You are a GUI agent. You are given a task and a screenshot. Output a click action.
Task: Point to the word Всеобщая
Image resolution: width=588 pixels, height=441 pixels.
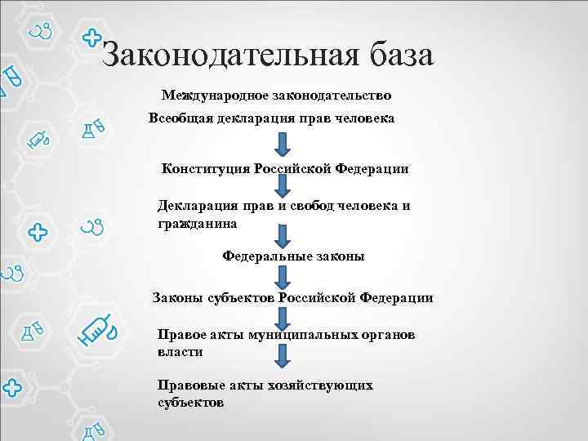click(x=180, y=118)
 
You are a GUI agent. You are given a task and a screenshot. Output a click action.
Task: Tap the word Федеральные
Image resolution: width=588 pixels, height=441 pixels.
click(x=265, y=256)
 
